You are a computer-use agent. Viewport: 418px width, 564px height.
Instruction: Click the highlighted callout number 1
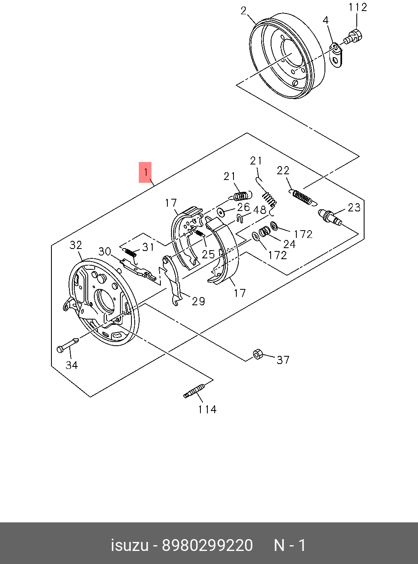tap(145, 172)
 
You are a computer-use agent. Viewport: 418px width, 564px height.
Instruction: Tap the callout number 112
tap(358, 7)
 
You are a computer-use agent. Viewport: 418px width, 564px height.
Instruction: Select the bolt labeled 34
tap(68, 345)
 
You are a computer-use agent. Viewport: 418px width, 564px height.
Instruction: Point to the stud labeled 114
tap(194, 391)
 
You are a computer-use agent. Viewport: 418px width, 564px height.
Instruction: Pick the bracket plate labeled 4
tap(336, 56)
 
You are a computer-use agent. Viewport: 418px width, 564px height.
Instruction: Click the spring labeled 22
tap(302, 197)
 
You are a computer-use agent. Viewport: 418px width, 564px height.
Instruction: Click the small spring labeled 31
tap(129, 252)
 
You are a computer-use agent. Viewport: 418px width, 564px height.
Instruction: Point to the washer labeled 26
tap(222, 212)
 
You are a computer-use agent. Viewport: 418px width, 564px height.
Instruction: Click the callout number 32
tap(76, 245)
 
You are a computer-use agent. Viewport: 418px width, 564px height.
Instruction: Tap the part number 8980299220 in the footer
tap(207, 546)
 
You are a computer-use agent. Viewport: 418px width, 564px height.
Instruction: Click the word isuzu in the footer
tap(129, 546)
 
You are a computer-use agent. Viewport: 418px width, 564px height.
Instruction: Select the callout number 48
tap(260, 210)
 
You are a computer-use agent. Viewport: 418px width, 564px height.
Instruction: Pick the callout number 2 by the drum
tap(243, 11)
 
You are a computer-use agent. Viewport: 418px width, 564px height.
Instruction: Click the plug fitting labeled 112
tap(353, 36)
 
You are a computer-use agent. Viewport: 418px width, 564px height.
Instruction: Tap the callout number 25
tap(208, 254)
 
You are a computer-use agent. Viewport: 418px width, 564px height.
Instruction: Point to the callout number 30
tap(105, 251)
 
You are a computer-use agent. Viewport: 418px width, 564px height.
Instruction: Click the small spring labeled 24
tap(265, 231)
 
